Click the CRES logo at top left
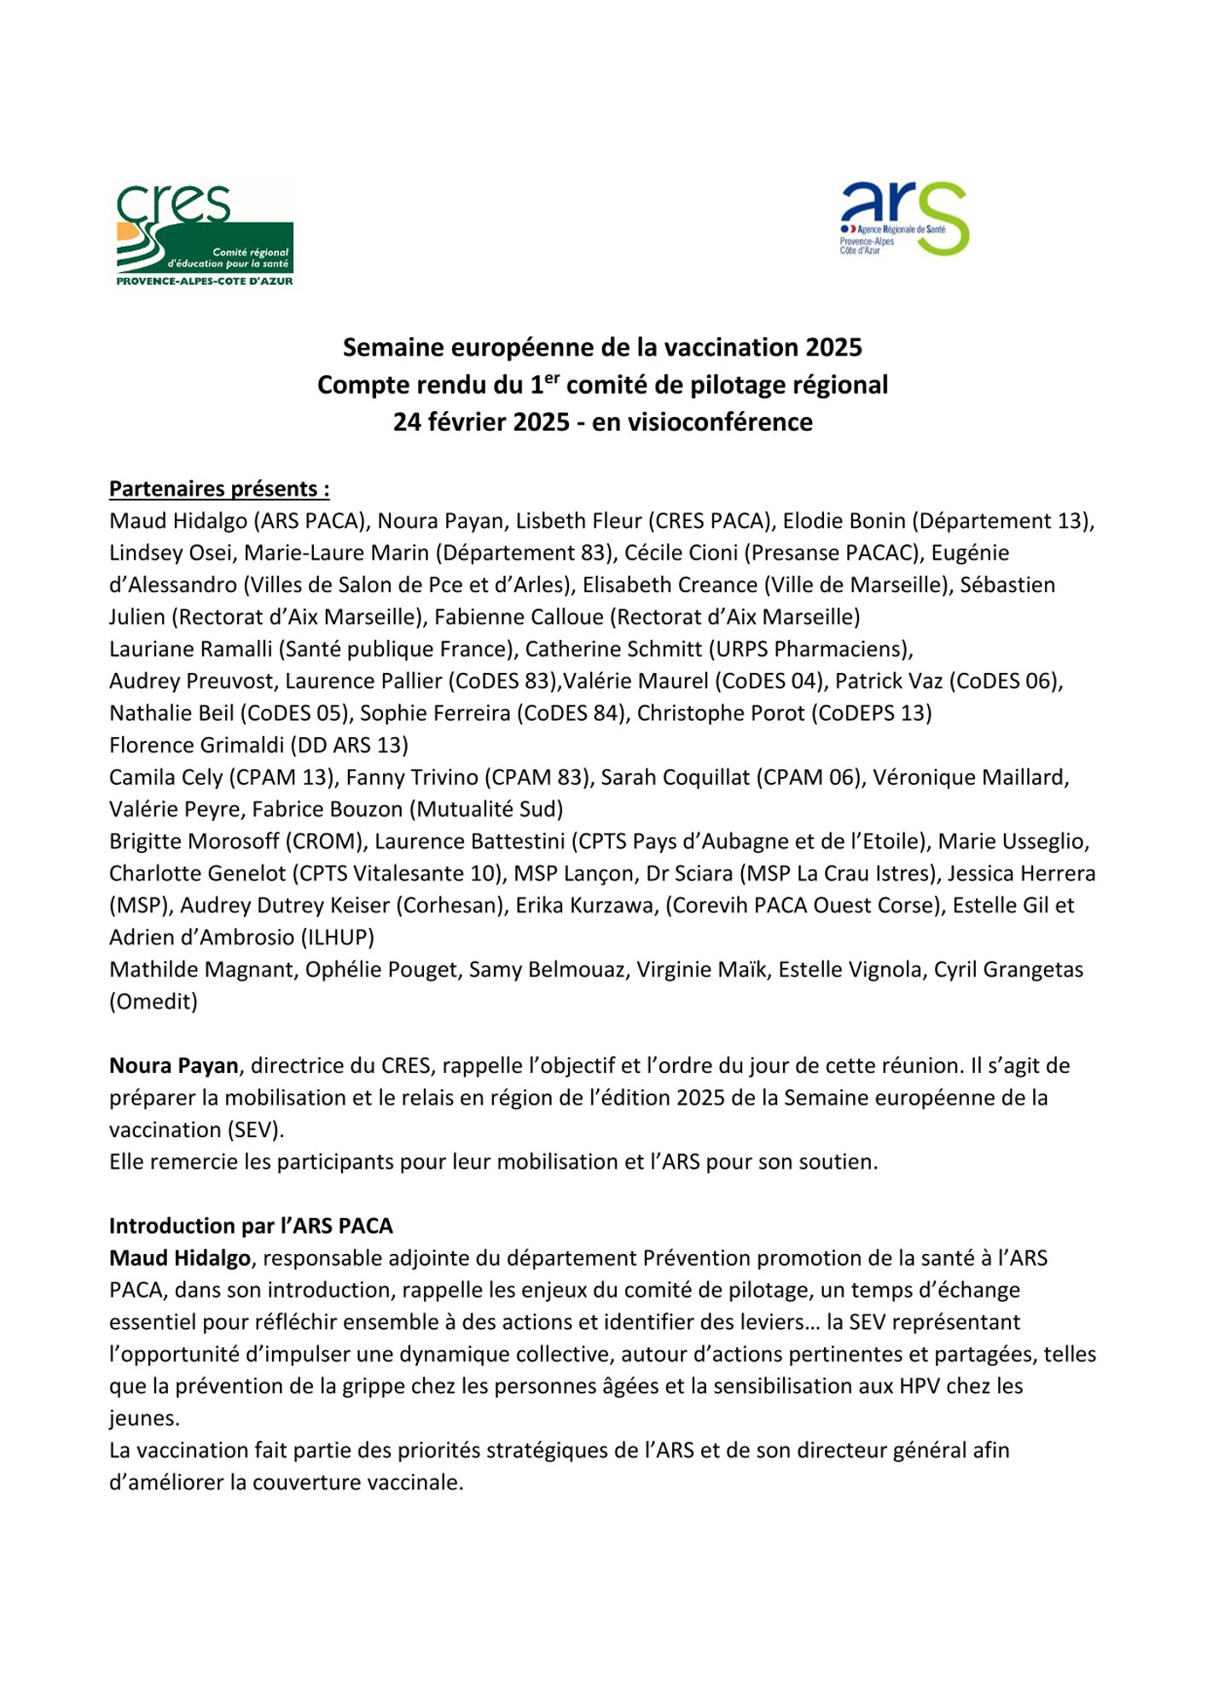pyautogui.click(x=205, y=235)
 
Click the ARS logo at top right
pyautogui.click(x=904, y=218)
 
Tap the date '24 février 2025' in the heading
pyautogui.click(x=481, y=422)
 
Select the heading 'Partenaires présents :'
pyautogui.click(x=219, y=489)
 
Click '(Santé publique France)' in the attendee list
pyautogui.click(x=397, y=649)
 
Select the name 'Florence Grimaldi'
pyautogui.click(x=196, y=746)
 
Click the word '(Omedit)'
pyautogui.click(x=154, y=1001)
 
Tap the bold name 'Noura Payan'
pyautogui.click(x=174, y=1066)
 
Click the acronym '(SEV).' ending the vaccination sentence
pyautogui.click(x=255, y=1130)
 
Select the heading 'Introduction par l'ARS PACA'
pyautogui.click(x=251, y=1227)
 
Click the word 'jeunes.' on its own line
pyautogui.click(x=144, y=1419)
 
